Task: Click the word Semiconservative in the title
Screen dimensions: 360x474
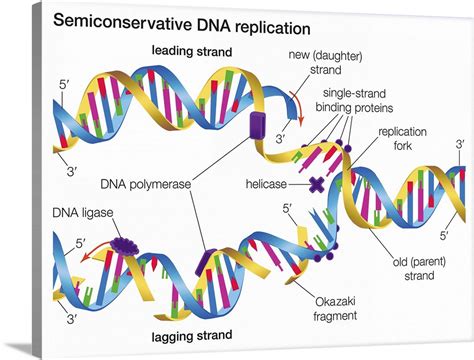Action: [x=119, y=21]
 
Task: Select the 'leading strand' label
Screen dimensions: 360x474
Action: [x=192, y=50]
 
